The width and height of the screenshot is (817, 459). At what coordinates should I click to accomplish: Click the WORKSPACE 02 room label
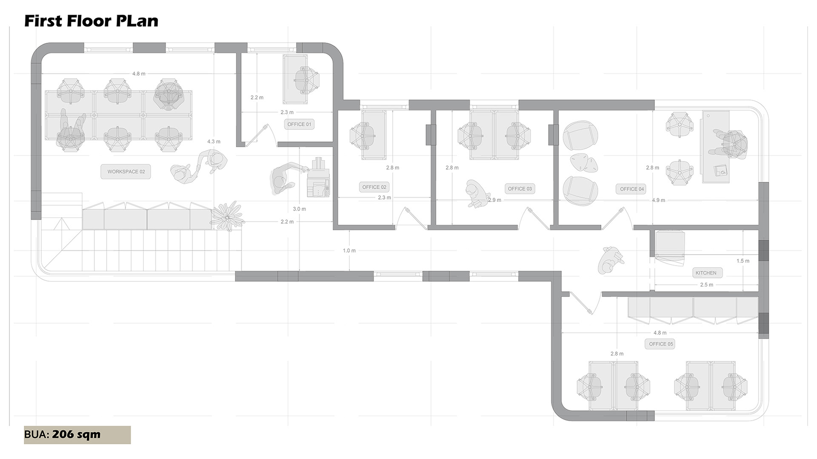coord(126,172)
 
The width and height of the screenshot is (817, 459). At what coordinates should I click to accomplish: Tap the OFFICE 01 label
coord(299,125)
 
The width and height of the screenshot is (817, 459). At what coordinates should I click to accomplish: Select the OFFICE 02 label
coord(374,187)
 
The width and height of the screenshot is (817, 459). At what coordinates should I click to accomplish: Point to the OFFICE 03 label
coord(520,189)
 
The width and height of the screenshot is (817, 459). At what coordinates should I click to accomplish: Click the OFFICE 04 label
coord(631,189)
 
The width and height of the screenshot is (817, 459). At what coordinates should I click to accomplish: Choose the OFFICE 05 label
coord(661,344)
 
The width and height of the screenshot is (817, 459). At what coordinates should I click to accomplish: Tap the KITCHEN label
coord(706,273)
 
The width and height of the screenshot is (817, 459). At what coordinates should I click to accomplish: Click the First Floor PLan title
coord(91,21)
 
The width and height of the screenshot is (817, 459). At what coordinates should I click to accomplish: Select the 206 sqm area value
coord(76,434)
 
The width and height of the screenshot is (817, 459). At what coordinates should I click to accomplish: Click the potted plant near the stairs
coord(228,216)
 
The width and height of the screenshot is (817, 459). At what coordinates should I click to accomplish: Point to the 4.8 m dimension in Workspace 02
coord(138,74)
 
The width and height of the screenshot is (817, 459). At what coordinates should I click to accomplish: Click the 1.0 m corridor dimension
coord(349,251)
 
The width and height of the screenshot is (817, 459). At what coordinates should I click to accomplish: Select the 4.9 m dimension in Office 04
coord(658,200)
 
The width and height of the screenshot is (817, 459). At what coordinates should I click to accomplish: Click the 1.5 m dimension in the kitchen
coord(743,261)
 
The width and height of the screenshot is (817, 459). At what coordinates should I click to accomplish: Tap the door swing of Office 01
coord(260,135)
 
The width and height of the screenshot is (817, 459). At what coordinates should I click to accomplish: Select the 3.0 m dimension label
coord(299,209)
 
